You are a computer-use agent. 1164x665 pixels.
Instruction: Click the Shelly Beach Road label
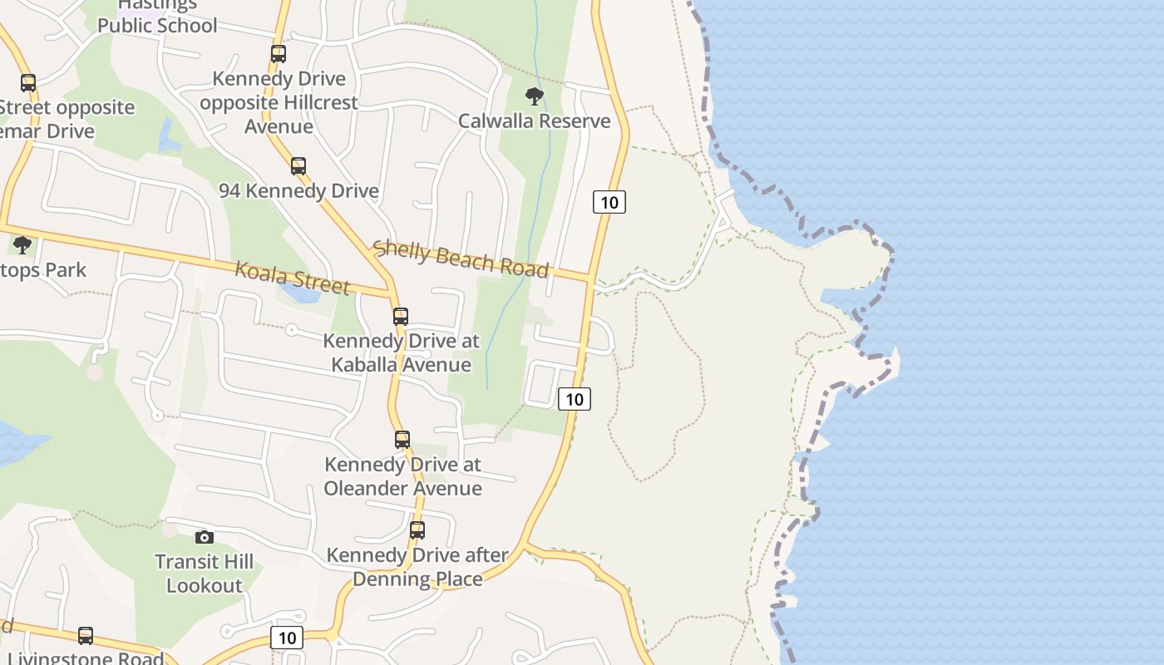point(461,259)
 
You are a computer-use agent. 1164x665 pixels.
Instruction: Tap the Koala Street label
point(292,278)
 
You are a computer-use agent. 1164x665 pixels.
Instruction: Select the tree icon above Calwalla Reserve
point(535,96)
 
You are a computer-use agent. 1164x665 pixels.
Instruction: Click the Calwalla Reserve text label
point(535,121)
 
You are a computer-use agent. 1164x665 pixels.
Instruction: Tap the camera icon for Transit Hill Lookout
point(204,537)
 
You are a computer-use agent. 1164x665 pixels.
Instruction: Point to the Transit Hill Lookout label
point(204,574)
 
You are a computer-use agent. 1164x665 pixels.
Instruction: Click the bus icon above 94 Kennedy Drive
point(298,165)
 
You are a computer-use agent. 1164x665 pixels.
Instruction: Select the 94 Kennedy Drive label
point(298,190)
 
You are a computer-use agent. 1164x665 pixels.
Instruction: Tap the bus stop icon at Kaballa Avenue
point(401,316)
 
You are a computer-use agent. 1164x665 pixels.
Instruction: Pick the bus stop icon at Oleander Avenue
point(402,439)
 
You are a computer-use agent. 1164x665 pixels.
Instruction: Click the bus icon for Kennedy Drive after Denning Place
point(417,530)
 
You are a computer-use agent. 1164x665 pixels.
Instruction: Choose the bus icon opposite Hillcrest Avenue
point(279,54)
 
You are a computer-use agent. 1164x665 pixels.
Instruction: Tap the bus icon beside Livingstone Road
point(86,636)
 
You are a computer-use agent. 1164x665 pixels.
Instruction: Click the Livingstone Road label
point(85,658)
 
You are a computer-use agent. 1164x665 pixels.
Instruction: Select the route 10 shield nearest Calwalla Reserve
point(609,202)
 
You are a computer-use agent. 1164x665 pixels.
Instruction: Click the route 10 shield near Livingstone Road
point(287,638)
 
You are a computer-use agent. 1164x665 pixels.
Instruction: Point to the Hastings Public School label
point(157,17)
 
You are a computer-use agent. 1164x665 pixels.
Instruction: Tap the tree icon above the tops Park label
point(22,245)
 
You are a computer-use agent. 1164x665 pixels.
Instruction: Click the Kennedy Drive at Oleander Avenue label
point(402,476)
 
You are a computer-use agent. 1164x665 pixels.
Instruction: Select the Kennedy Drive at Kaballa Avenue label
point(401,352)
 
